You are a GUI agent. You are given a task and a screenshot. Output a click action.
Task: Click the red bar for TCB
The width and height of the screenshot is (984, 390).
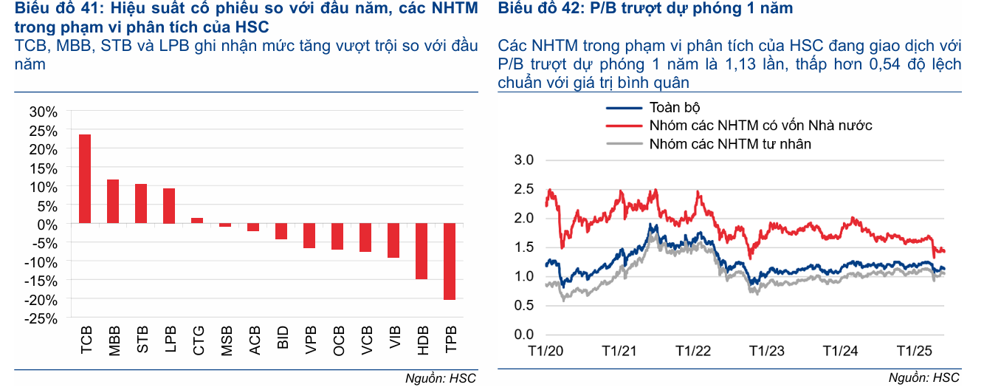coord(85,179)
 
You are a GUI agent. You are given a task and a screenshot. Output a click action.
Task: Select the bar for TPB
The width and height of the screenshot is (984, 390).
coord(450,261)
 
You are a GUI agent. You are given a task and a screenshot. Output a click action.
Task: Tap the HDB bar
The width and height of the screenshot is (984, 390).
coord(422,251)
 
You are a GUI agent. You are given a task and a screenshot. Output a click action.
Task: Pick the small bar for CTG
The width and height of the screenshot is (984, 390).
coord(197,220)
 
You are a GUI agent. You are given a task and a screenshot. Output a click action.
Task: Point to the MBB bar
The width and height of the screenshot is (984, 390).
coord(113,201)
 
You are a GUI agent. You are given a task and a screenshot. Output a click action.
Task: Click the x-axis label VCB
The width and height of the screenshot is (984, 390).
coord(366,341)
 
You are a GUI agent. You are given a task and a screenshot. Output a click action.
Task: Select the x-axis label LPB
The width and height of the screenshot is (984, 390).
coord(170,341)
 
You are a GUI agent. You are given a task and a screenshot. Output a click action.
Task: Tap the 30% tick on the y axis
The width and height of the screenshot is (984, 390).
coord(43,112)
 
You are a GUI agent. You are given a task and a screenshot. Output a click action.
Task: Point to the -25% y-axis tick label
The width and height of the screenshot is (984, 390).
coord(41,318)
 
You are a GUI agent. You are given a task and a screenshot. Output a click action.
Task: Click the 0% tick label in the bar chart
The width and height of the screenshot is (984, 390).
coord(47,224)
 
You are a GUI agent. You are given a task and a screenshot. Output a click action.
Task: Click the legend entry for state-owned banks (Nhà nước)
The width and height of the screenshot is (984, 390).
coord(760,126)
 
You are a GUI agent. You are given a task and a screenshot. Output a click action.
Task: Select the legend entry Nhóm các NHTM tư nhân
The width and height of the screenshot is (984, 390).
coord(730,144)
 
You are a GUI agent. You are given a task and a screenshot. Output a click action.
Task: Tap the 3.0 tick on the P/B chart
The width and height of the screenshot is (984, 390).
coord(523,160)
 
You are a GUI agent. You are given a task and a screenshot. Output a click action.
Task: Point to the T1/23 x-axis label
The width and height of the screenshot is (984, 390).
coord(766,350)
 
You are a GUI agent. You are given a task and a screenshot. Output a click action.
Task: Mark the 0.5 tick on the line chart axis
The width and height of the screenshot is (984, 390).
coord(523,306)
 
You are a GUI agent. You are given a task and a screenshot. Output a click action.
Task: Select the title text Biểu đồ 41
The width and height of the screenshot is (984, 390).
coord(59,9)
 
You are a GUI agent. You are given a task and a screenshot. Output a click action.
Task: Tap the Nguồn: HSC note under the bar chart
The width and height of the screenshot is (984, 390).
coord(441,379)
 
